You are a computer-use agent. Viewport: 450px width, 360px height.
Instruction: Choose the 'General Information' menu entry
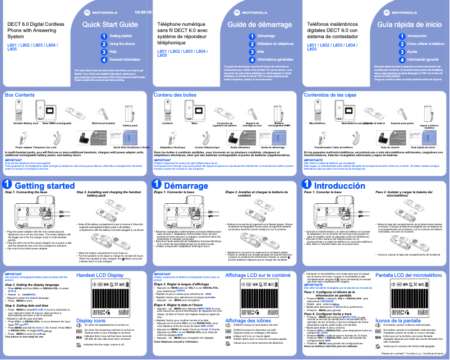pos(124,59)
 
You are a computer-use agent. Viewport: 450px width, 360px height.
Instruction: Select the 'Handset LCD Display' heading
pos(100,275)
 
